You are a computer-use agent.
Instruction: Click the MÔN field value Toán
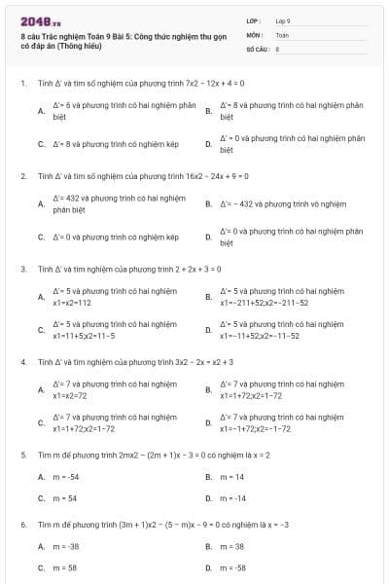282,34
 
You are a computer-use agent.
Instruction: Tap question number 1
22,84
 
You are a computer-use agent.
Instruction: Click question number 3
22,269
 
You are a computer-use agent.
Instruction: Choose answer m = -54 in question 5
66,477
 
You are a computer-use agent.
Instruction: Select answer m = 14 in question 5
231,477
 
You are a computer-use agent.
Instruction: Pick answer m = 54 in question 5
65,498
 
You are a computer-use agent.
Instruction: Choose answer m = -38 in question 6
66,546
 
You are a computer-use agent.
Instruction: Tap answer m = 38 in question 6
231,546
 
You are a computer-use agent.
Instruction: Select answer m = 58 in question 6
65,567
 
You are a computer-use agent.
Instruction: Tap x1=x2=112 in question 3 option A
71,303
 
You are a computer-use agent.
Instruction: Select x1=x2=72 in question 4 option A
70,396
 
